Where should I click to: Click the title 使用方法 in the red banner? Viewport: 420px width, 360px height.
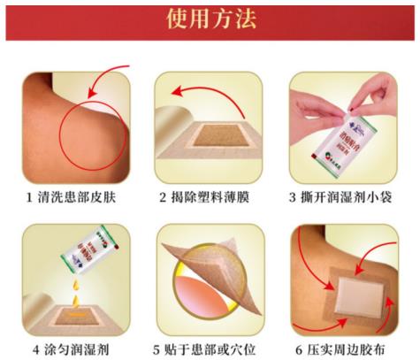tap(210, 20)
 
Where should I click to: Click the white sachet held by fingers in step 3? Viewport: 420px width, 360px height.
tap(340, 133)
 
